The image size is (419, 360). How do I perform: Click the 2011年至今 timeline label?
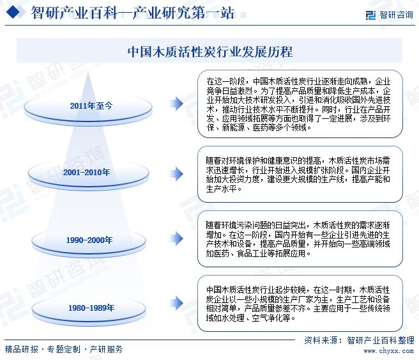(x=91, y=105)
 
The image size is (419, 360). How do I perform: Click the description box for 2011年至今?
(x=300, y=104)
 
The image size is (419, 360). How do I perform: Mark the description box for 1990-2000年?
(x=300, y=239)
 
